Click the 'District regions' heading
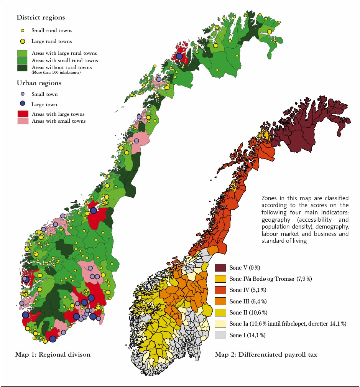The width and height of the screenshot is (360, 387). (41, 18)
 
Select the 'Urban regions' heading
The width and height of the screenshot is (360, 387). (39, 83)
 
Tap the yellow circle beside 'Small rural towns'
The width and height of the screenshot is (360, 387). (23, 31)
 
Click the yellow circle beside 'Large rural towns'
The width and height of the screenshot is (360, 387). (23, 41)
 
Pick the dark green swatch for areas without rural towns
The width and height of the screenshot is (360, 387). (23, 68)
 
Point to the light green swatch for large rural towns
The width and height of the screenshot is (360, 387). (23, 53)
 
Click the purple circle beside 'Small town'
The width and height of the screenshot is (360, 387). (23, 94)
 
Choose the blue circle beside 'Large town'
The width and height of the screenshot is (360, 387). (23, 104)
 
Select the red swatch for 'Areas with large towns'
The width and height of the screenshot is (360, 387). (23, 114)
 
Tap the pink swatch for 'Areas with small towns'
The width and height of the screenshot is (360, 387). (23, 121)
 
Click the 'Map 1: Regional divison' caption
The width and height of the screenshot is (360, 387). (53, 354)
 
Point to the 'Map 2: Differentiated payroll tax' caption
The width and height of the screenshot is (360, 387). (266, 354)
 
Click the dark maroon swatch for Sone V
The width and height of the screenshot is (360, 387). (221, 267)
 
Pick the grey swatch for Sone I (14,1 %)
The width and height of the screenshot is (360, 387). (221, 335)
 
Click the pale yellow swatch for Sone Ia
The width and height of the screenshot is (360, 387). (221, 323)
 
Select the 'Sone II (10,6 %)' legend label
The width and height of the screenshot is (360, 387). (248, 312)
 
